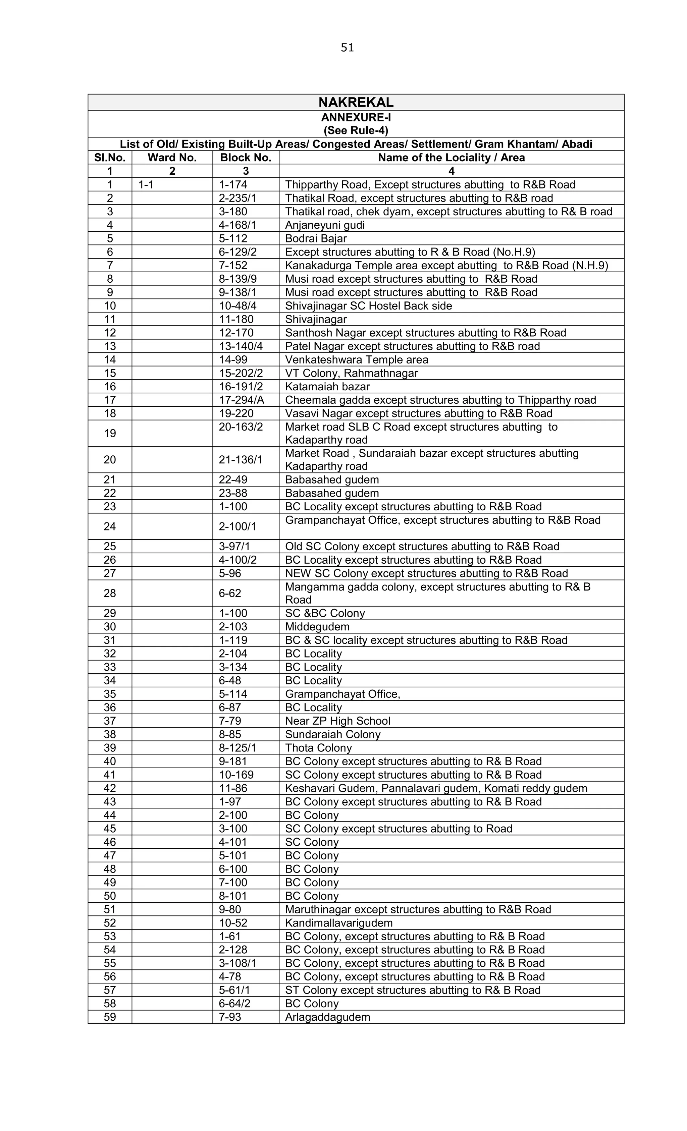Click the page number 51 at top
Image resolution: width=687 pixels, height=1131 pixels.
[347, 48]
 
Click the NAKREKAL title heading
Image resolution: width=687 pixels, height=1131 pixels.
[356, 102]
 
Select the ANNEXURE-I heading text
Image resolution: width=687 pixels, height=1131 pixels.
[356, 117]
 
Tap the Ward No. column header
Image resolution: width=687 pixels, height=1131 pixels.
[172, 158]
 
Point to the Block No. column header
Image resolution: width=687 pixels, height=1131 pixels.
[246, 158]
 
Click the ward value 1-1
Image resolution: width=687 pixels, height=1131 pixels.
[146, 184]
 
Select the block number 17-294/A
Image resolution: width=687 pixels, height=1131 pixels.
[241, 400]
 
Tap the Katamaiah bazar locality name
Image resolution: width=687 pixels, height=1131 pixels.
[327, 387]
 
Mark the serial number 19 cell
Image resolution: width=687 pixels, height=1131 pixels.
[110, 433]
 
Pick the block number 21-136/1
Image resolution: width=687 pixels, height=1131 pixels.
[240, 459]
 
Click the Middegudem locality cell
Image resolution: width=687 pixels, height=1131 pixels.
[317, 627]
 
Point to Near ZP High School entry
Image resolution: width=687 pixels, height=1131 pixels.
[337, 721]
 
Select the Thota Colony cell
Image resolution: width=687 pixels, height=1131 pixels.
[318, 748]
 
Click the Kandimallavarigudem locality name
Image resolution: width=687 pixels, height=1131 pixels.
[338, 923]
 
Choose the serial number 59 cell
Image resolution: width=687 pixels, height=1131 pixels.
[110, 1017]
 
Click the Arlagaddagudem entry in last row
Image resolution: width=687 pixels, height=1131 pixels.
[327, 1017]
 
